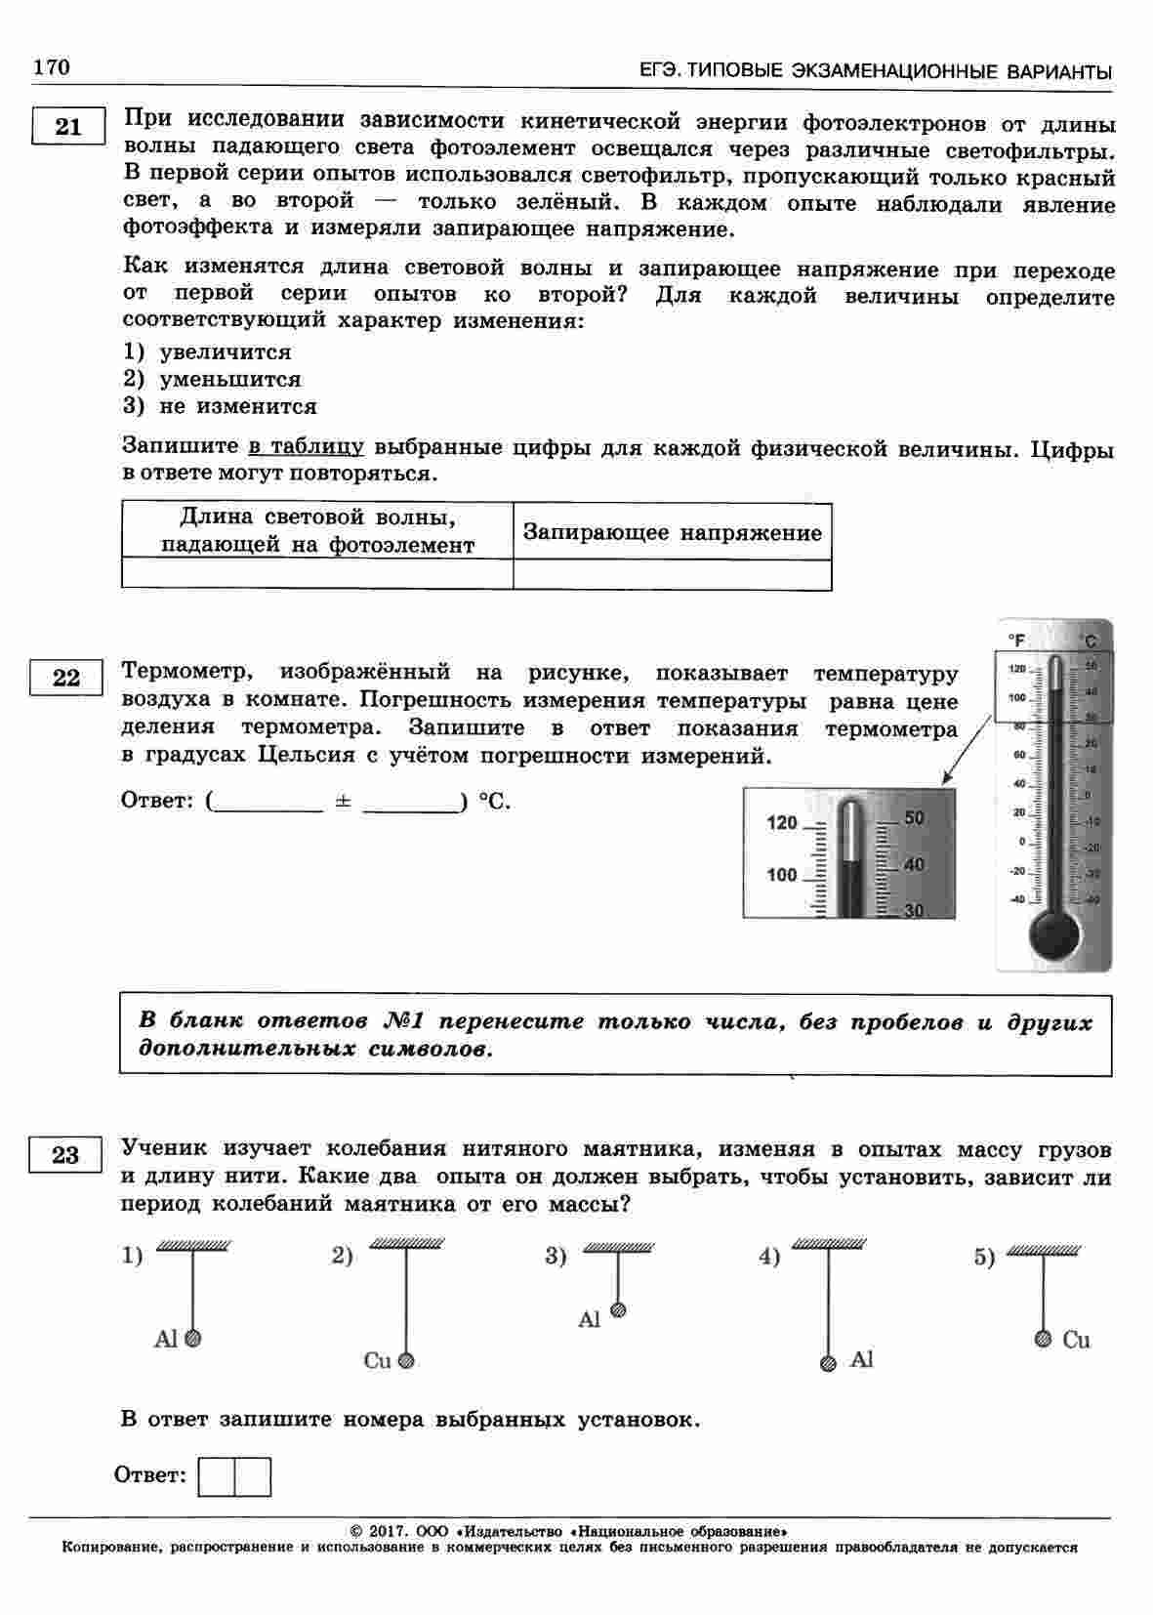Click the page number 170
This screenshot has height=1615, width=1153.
(52, 66)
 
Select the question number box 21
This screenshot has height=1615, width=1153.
(67, 127)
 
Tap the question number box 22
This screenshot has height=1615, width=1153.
(66, 677)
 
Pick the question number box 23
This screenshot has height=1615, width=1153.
(65, 1156)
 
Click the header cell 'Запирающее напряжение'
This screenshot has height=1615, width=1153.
(672, 532)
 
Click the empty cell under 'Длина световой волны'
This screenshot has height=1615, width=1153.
(317, 574)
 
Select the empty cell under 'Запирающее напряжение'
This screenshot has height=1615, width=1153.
(672, 574)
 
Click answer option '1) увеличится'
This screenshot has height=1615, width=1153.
(207, 352)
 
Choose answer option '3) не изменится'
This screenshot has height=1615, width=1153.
(220, 406)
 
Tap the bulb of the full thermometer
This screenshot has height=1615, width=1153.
(1053, 932)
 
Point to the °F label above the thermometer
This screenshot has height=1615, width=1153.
(1016, 641)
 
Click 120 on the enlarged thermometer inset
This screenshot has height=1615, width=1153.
(782, 823)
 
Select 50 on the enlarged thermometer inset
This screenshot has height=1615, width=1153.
(914, 818)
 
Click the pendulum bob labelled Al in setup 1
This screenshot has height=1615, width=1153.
(193, 1339)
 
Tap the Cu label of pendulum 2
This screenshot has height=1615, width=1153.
(377, 1360)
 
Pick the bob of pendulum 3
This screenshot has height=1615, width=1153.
(617, 1310)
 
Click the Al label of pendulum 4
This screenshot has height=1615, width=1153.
(861, 1359)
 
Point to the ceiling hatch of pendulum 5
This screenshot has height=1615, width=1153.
(1044, 1250)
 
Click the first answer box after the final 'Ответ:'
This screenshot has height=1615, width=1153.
(216, 1477)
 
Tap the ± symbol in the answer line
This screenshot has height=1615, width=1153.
(343, 801)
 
